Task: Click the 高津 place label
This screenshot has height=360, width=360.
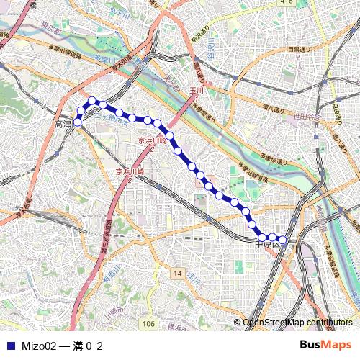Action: [63, 125]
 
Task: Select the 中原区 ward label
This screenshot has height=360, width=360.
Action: [269, 244]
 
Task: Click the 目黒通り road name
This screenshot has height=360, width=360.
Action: [302, 50]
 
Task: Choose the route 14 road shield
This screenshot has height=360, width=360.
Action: [177, 274]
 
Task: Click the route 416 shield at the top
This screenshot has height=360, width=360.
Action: [287, 3]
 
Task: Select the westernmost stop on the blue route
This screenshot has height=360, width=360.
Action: [78, 123]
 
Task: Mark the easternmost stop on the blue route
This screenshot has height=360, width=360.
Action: [283, 239]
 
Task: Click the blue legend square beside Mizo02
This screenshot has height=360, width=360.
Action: [10, 346]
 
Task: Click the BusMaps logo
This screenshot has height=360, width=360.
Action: [324, 345]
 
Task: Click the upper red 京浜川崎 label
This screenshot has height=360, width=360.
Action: [152, 141]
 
